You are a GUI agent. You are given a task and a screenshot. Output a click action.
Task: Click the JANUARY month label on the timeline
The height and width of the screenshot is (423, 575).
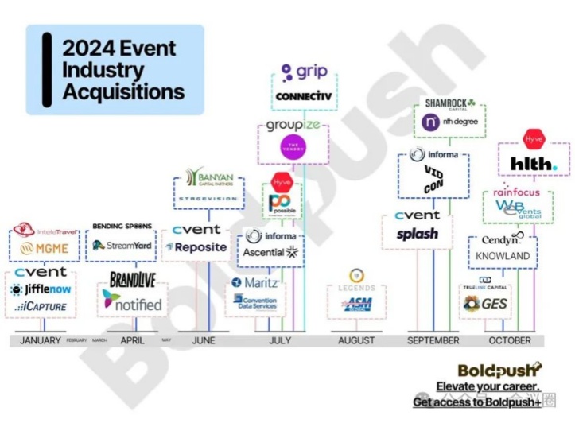tap(40, 340)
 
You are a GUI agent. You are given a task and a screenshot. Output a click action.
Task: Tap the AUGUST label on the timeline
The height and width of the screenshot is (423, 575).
tap(355, 340)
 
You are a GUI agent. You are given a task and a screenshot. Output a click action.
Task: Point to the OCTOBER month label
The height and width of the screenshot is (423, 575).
tap(510, 340)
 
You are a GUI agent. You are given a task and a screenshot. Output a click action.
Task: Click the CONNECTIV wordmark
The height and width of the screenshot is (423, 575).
tap(303, 96)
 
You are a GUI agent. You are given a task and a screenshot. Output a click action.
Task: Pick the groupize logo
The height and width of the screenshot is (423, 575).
tap(293, 125)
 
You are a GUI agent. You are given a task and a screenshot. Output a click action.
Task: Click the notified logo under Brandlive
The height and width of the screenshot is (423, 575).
tap(131, 303)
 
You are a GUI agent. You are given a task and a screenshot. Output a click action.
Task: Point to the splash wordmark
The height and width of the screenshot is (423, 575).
tap(418, 234)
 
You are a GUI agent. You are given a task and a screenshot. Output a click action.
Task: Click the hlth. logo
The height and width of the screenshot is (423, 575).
tap(534, 165)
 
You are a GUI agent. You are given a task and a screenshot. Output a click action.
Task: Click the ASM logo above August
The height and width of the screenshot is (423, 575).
tap(357, 304)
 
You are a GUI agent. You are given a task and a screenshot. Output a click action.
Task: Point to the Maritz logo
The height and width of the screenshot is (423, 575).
tap(254, 282)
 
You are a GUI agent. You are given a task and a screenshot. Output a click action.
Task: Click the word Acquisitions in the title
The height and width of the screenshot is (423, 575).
tap(123, 91)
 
